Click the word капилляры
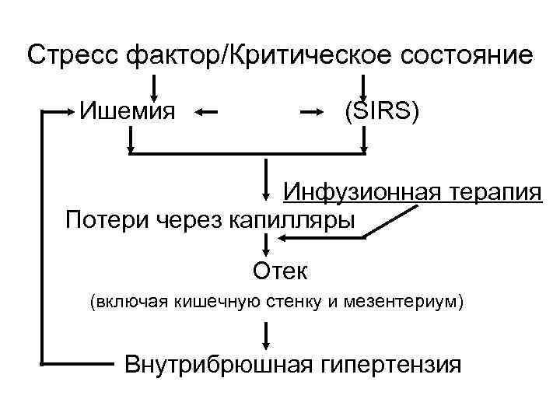(292, 220)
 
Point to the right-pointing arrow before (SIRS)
(312, 113)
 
